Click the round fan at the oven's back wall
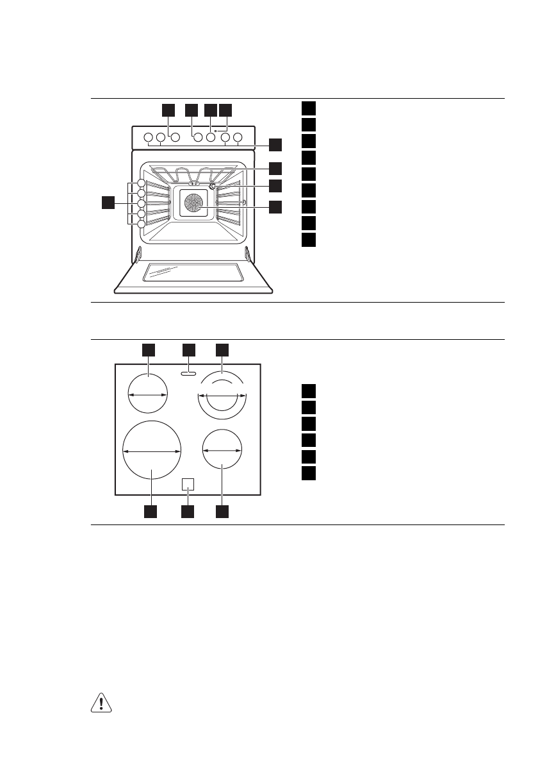192,205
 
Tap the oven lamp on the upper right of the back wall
211,187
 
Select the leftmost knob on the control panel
147,137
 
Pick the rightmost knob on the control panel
238,137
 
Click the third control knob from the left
174,137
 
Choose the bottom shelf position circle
142,224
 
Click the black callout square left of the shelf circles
108,203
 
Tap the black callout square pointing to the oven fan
275,207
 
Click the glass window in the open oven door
193,273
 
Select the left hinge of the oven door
138,255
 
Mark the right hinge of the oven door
247,255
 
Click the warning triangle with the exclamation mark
101,703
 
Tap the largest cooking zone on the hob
152,451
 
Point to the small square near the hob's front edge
188,484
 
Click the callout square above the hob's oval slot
188,349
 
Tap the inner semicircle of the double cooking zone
222,387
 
